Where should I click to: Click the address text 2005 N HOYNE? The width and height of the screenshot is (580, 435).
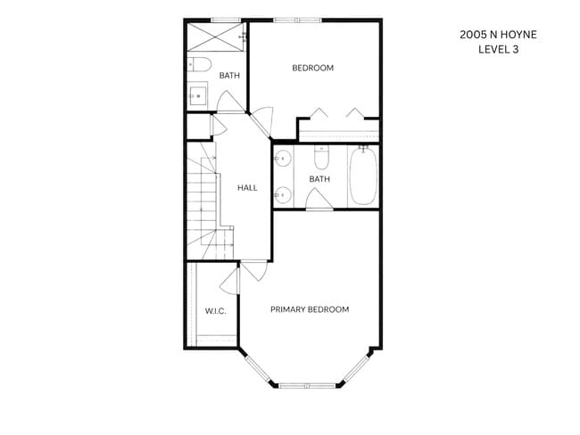[x=498, y=35]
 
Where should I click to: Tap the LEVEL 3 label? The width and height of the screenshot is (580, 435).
[x=498, y=49]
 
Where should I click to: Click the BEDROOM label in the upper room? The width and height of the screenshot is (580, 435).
[x=313, y=68]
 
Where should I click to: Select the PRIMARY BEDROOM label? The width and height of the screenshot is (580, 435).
[x=310, y=309]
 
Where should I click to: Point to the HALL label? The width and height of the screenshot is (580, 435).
[x=247, y=188]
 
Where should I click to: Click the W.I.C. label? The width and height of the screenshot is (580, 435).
[x=216, y=311]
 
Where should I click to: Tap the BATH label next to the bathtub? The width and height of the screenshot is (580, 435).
[x=319, y=179]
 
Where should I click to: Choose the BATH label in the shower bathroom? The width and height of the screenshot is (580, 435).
[x=229, y=76]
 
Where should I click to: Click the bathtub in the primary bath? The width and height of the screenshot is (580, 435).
[x=363, y=176]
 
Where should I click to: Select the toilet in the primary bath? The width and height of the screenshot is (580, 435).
[x=321, y=158]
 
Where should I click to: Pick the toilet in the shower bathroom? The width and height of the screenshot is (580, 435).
[x=199, y=65]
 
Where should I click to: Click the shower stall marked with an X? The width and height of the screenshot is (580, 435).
[x=215, y=37]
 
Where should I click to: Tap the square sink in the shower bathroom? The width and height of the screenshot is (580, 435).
[x=197, y=95]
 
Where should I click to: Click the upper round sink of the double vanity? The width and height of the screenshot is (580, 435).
[x=283, y=159]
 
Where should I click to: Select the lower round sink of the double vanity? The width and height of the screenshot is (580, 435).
[x=283, y=194]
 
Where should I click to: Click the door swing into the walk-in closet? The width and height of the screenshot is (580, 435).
[x=229, y=282]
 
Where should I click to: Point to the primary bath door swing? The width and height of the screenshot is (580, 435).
[x=319, y=199]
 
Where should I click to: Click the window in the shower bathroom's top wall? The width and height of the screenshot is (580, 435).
[x=226, y=21]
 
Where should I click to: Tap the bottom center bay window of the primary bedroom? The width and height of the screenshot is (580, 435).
[x=307, y=386]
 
